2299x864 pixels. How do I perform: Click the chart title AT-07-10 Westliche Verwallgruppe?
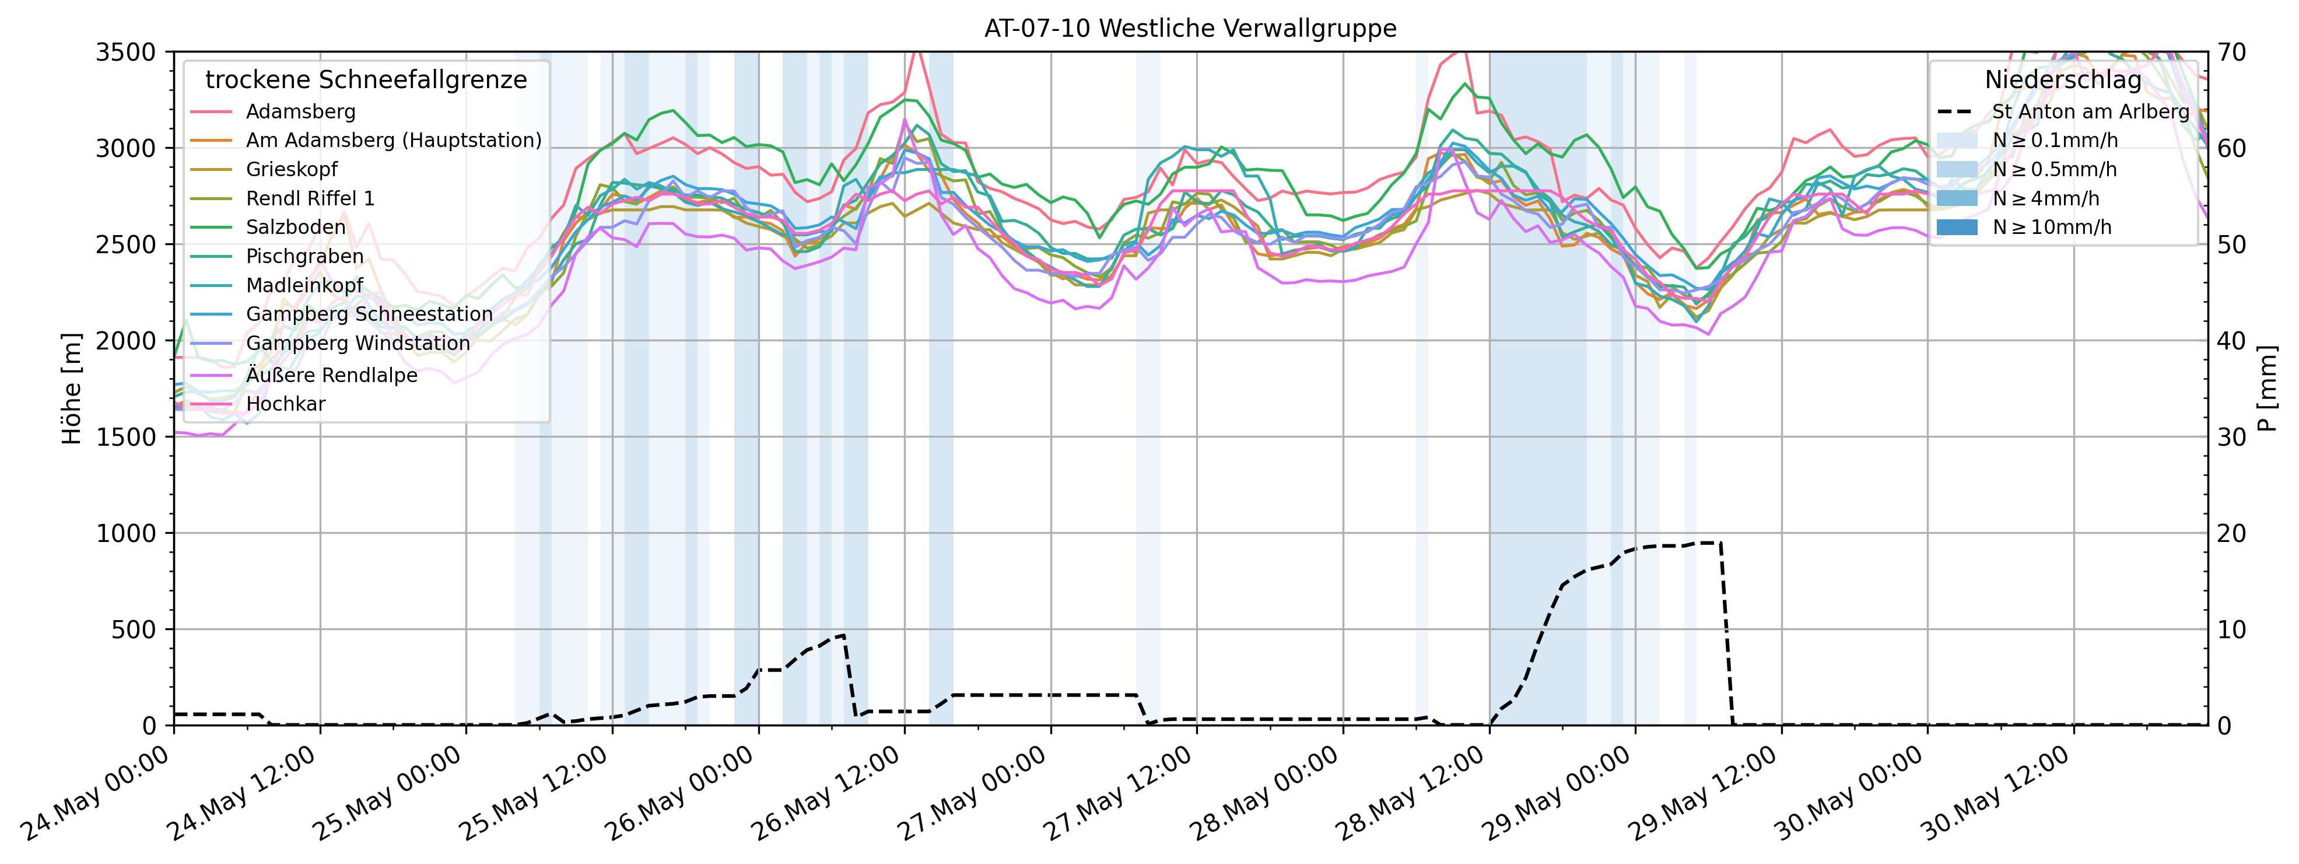pos(1190,29)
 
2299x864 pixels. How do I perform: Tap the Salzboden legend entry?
pos(296,227)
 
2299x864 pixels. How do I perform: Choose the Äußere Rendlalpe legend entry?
pos(331,375)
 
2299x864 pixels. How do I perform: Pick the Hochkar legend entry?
pos(286,404)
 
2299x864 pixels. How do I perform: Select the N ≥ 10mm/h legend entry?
pos(2052,227)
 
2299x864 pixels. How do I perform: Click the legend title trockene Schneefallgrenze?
pos(366,81)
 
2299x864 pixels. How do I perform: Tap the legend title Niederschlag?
pos(2062,81)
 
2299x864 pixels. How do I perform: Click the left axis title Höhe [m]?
pos(71,389)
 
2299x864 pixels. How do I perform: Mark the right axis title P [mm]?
pos(2268,389)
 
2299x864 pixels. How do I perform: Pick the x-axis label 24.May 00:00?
pos(96,793)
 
